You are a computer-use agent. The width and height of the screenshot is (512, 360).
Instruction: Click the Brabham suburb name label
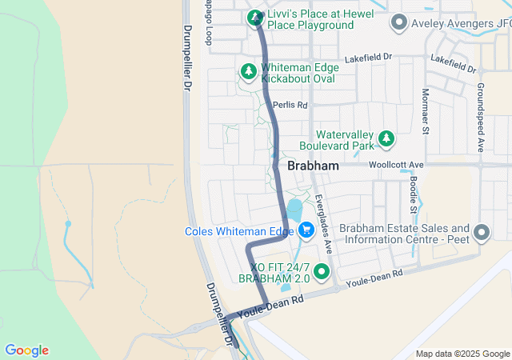(x=311, y=166)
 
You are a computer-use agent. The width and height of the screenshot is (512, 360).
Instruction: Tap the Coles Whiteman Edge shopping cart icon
(x=306, y=231)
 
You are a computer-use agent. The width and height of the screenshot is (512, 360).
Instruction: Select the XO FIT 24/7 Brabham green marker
(x=322, y=272)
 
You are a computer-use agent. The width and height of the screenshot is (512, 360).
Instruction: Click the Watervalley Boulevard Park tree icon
(x=386, y=139)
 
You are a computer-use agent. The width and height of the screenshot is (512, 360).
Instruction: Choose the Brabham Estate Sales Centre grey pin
(x=481, y=233)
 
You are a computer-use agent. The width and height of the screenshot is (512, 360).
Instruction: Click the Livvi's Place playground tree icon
(x=255, y=17)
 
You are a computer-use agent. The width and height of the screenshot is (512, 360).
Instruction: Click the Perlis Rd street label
(x=290, y=105)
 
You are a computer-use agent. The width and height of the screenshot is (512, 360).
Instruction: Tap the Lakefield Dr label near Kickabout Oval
(x=369, y=58)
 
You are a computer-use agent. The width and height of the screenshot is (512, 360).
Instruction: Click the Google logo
(x=26, y=350)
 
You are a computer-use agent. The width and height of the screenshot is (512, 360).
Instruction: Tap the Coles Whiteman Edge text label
(x=239, y=231)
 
